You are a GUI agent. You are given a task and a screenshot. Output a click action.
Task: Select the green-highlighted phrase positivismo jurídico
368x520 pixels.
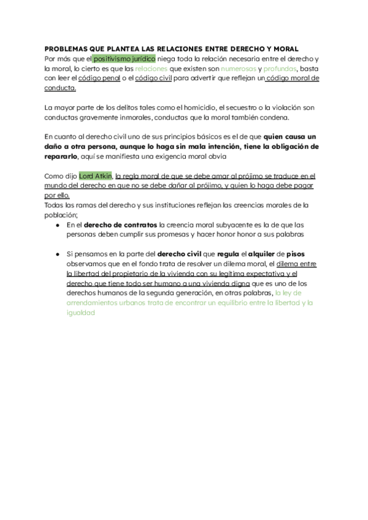click(124, 59)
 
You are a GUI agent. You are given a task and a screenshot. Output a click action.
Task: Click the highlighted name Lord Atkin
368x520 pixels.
click(95, 176)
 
